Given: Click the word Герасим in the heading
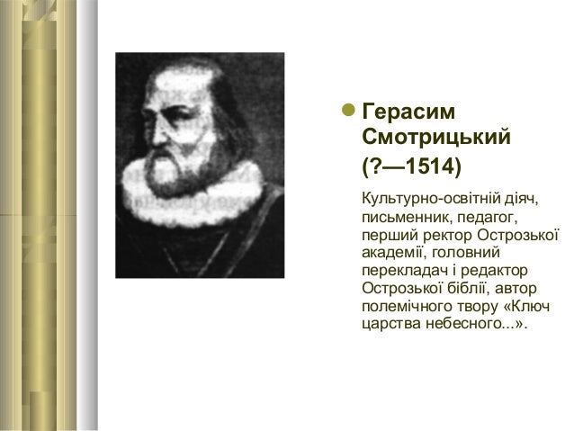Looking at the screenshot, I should coord(408,112).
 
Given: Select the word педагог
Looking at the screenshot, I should coord(487,217).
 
